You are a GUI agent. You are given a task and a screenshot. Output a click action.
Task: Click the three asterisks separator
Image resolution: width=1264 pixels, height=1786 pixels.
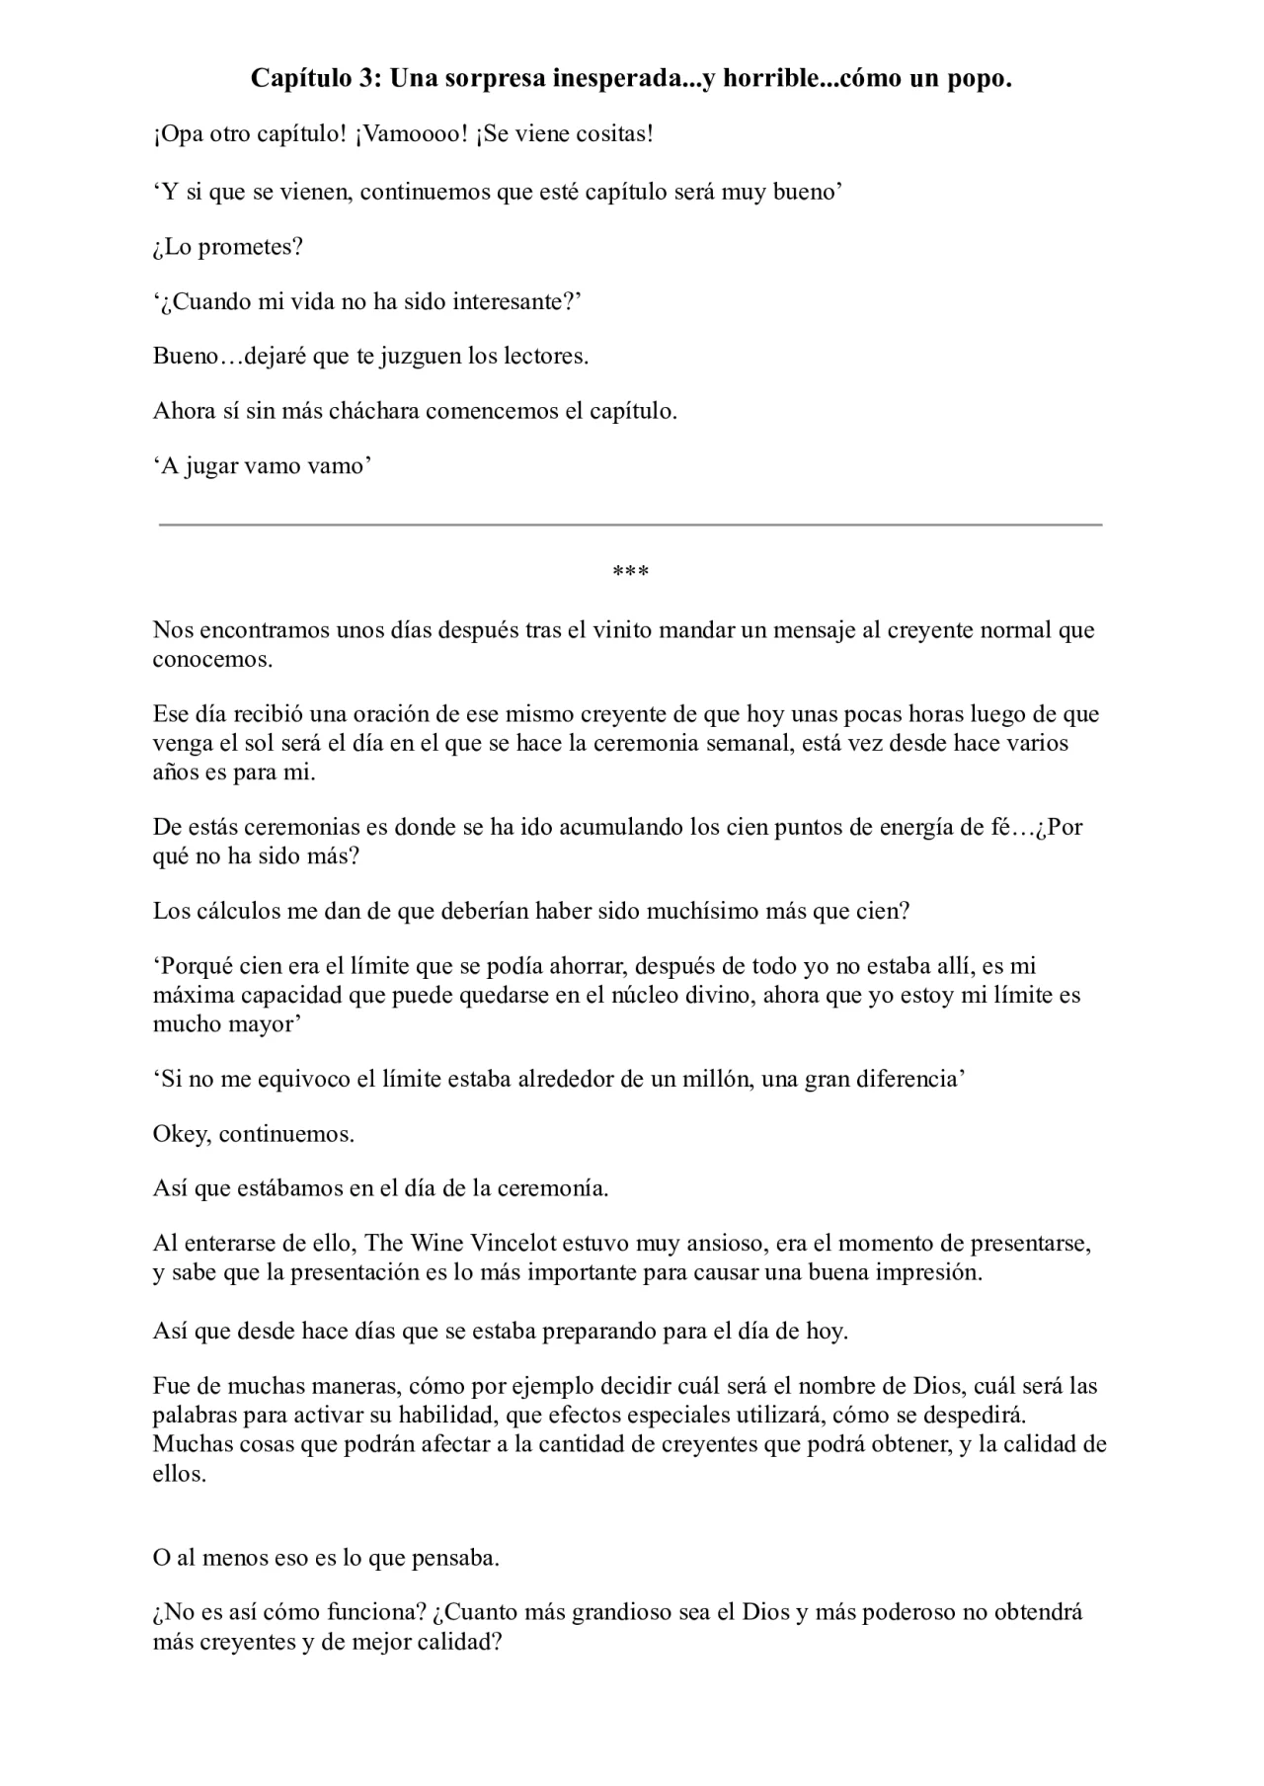(x=630, y=573)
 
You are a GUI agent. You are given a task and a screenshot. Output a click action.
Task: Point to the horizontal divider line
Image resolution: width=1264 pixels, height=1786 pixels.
(x=630, y=525)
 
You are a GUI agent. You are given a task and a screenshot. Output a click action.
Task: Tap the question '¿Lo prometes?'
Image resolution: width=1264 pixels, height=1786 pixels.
(x=227, y=247)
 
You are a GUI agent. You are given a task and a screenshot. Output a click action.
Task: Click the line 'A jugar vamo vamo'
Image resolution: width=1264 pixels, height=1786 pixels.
(x=263, y=466)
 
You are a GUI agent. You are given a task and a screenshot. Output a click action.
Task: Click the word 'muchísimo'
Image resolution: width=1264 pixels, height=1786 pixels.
(x=702, y=911)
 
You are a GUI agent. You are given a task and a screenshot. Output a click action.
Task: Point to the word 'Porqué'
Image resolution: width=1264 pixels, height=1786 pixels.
(x=197, y=966)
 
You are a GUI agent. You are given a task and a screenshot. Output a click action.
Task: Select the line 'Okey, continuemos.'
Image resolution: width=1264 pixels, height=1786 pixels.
(x=254, y=1134)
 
